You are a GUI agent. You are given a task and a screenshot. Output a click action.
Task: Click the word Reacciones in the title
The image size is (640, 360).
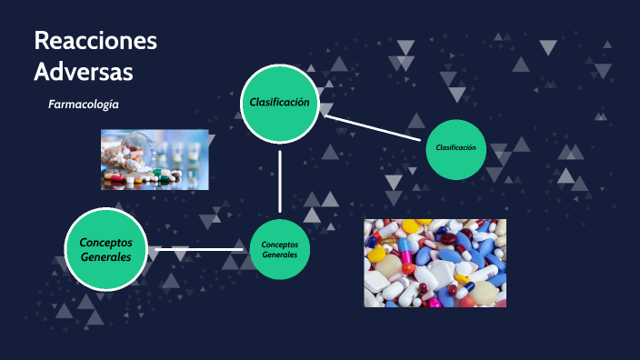pyautogui.click(x=95, y=42)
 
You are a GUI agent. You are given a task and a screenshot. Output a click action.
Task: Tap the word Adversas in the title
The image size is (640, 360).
pyautogui.click(x=83, y=70)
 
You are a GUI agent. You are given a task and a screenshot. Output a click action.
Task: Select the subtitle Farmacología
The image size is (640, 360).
pyautogui.click(x=84, y=105)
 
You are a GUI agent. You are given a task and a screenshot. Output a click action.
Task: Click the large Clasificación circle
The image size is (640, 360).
pyautogui.click(x=279, y=103)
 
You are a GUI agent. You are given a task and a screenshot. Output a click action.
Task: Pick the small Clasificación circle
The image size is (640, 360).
pyautogui.click(x=455, y=148)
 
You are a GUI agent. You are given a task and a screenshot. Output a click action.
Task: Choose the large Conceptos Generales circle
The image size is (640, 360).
pyautogui.click(x=105, y=250)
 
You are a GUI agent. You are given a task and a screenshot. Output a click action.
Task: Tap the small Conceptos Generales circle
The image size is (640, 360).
pyautogui.click(x=280, y=249)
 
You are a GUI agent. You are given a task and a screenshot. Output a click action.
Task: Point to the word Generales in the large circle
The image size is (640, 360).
pyautogui.click(x=105, y=257)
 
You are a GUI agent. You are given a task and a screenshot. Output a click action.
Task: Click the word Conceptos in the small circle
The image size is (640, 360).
pyautogui.click(x=280, y=244)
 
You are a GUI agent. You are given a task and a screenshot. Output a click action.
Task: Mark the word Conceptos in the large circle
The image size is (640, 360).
pyautogui.click(x=105, y=243)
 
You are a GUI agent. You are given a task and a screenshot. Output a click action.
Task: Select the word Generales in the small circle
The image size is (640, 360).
pyautogui.click(x=280, y=255)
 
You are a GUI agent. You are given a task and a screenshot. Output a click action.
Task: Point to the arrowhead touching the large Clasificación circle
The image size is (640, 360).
pyautogui.click(x=327, y=115)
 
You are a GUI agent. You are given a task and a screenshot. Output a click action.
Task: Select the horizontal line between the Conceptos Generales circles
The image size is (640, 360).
pyautogui.click(x=198, y=249)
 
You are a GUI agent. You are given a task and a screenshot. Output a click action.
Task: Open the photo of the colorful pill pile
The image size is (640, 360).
pyautogui.click(x=435, y=263)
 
